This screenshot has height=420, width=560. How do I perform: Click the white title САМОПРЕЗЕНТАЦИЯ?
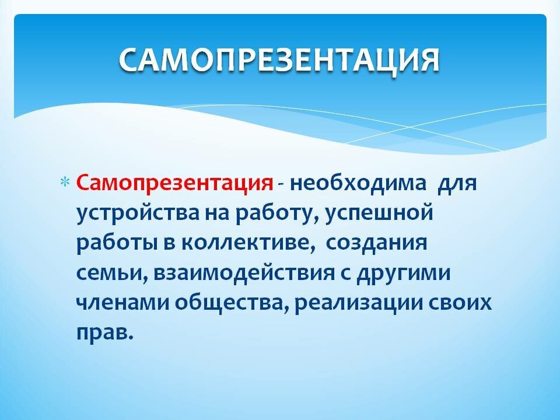coord(279,60)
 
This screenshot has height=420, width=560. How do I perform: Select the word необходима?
coord(358,185)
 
